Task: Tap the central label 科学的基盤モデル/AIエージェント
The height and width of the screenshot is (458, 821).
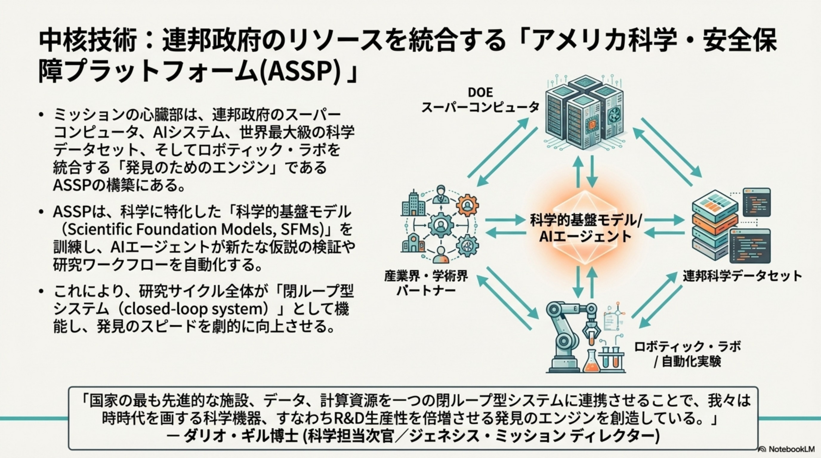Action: click(585, 228)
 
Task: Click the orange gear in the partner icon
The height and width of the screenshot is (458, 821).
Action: click(467, 205)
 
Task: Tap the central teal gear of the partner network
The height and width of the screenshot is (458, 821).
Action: click(441, 226)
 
